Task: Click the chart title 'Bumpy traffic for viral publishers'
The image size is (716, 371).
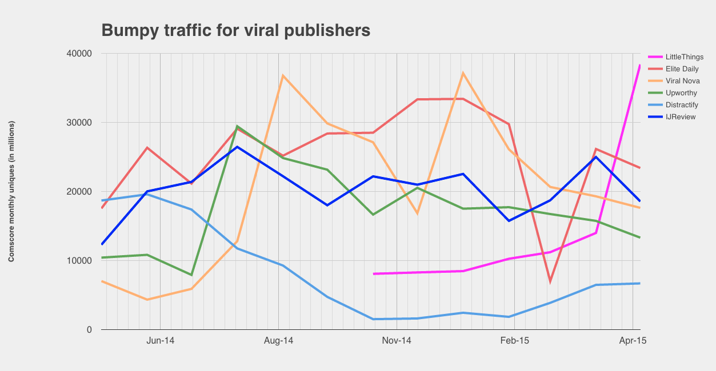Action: tap(235, 30)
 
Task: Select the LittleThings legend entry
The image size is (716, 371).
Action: tap(684, 57)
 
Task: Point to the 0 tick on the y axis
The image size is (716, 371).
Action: tap(90, 330)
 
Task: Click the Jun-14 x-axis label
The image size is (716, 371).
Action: tap(160, 341)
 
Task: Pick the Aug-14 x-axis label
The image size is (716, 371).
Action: tap(278, 341)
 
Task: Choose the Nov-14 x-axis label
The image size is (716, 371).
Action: tap(397, 341)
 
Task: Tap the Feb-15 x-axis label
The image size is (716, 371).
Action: tap(515, 341)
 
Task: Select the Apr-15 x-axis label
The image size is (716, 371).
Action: tap(633, 341)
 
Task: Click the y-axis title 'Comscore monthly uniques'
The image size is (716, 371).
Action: tap(11, 192)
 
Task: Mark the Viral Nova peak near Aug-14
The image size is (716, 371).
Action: tap(282, 75)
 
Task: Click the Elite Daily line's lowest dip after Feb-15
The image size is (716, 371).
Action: tap(550, 282)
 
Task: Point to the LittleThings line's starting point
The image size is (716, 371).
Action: tap(374, 274)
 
